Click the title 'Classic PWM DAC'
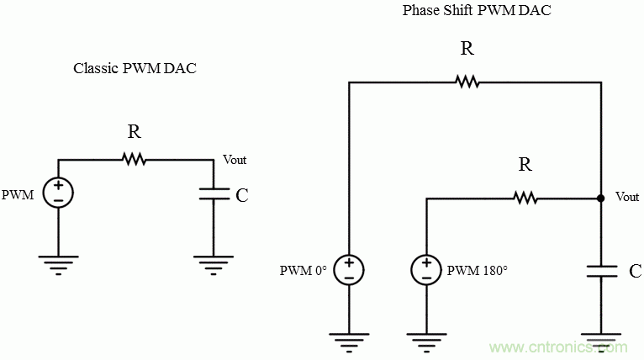[135, 68]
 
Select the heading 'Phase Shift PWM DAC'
[465, 11]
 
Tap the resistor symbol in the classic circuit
[134, 159]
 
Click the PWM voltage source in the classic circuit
[58, 193]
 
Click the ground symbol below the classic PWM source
[58, 262]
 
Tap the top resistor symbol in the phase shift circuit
[467, 82]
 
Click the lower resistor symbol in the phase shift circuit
[525, 199]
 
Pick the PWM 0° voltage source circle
[349, 269]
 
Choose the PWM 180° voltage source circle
[426, 269]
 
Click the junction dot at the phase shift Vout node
[600, 199]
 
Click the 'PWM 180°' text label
[478, 271]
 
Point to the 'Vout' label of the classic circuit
[235, 160]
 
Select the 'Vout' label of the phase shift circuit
[627, 197]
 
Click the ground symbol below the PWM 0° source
[349, 341]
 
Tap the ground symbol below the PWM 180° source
[426, 341]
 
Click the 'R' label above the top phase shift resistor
[467, 49]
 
